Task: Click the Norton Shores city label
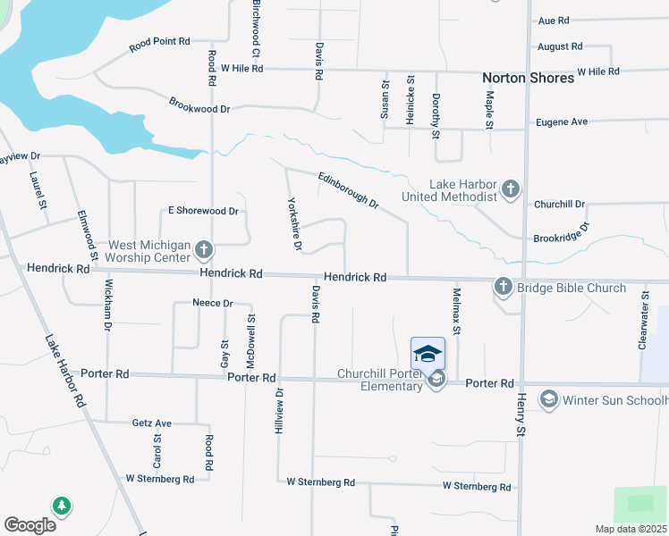coord(528,79)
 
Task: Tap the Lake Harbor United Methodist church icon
coord(510,188)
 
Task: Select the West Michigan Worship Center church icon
coord(204,249)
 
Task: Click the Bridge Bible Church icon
coord(503,287)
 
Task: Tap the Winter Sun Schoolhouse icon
coord(548,399)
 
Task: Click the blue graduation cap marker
coord(428,352)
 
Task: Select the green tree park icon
coord(62,507)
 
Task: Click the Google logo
coord(30,525)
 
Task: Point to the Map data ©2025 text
coord(630,529)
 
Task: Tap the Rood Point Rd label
coord(159,42)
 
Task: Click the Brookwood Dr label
coord(199,105)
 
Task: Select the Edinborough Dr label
coord(349,188)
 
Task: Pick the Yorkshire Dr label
coord(293,223)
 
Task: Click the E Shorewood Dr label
coord(203,211)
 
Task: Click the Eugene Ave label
coord(561,121)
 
